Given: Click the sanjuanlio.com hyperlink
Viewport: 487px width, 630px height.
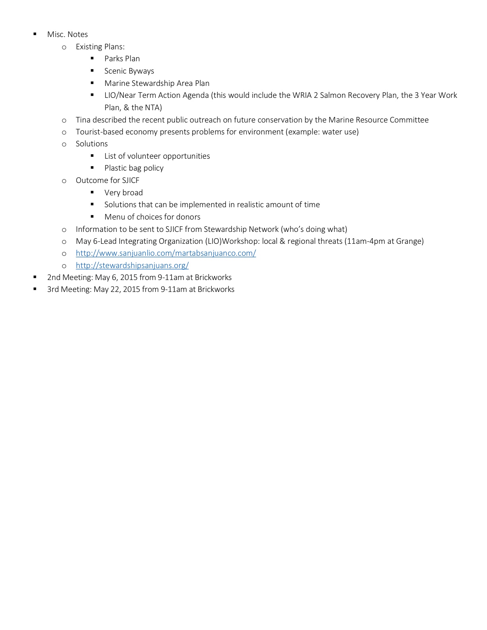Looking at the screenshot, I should point(166,253).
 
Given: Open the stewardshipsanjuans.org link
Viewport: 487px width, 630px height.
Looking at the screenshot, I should point(132,265).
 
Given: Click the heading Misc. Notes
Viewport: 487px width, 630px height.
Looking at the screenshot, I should point(67,35).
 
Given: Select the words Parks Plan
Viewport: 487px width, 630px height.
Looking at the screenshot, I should point(122,59).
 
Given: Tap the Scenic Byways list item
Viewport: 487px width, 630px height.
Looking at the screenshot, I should point(129,71).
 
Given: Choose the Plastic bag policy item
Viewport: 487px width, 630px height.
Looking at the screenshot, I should point(134,168).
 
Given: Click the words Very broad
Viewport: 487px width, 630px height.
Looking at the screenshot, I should point(123,193).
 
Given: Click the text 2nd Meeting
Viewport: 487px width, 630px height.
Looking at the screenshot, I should point(69,278).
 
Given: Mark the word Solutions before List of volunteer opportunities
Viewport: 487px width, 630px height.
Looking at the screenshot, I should point(92,144).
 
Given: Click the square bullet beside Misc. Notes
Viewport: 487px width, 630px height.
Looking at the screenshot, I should point(35,34).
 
